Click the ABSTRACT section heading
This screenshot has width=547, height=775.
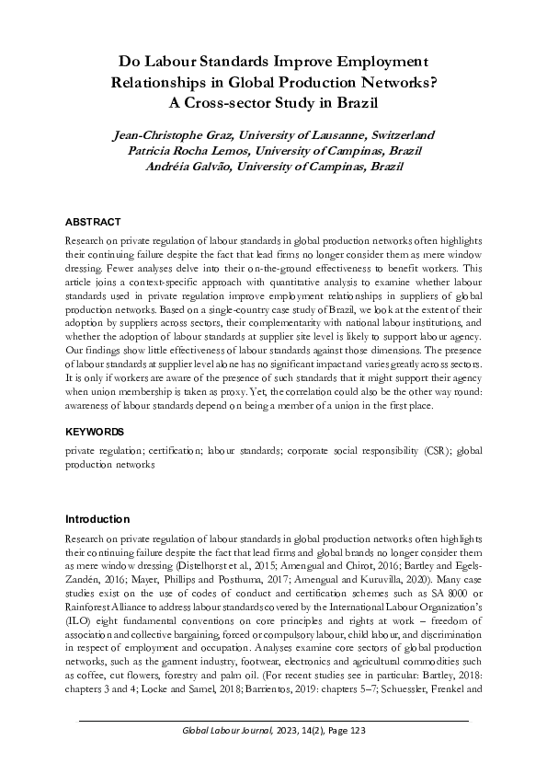[93, 222]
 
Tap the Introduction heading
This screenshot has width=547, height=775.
[97, 518]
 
